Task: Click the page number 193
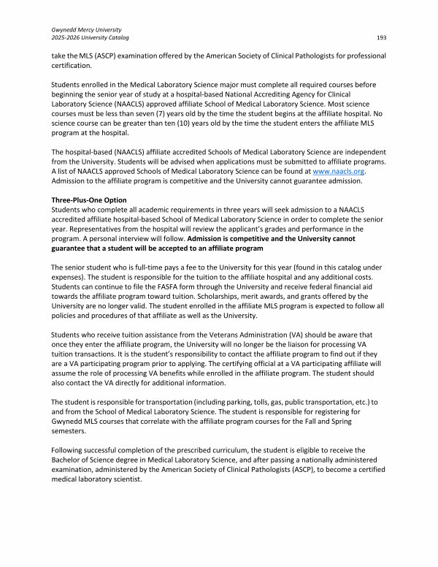click(x=381, y=37)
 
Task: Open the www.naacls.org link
click(x=337, y=171)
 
